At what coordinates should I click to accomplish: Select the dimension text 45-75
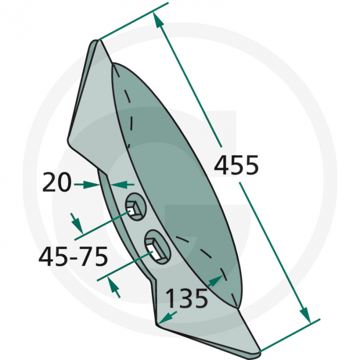73,256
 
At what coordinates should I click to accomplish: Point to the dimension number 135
187,298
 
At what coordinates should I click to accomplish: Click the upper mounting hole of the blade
136,207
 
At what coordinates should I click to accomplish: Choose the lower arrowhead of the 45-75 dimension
115,288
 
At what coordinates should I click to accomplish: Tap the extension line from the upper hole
103,226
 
